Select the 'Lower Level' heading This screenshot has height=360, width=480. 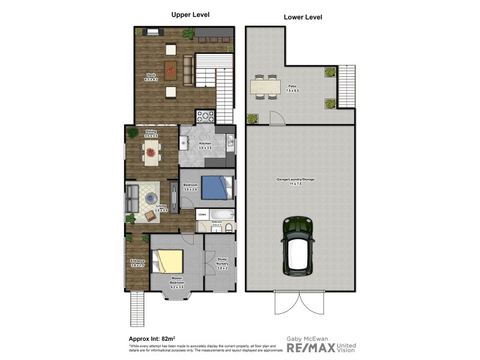(302, 17)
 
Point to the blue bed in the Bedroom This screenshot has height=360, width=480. (214, 187)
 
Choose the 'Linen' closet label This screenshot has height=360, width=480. (203, 214)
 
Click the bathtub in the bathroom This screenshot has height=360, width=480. (219, 214)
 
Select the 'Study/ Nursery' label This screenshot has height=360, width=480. (221, 262)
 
